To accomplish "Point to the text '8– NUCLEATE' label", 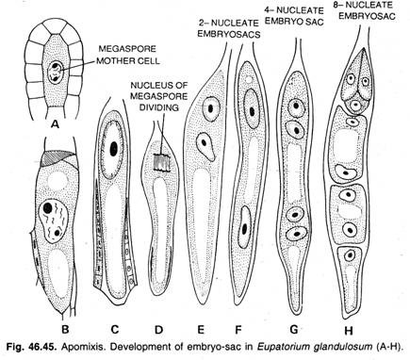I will [x=373, y=7].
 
